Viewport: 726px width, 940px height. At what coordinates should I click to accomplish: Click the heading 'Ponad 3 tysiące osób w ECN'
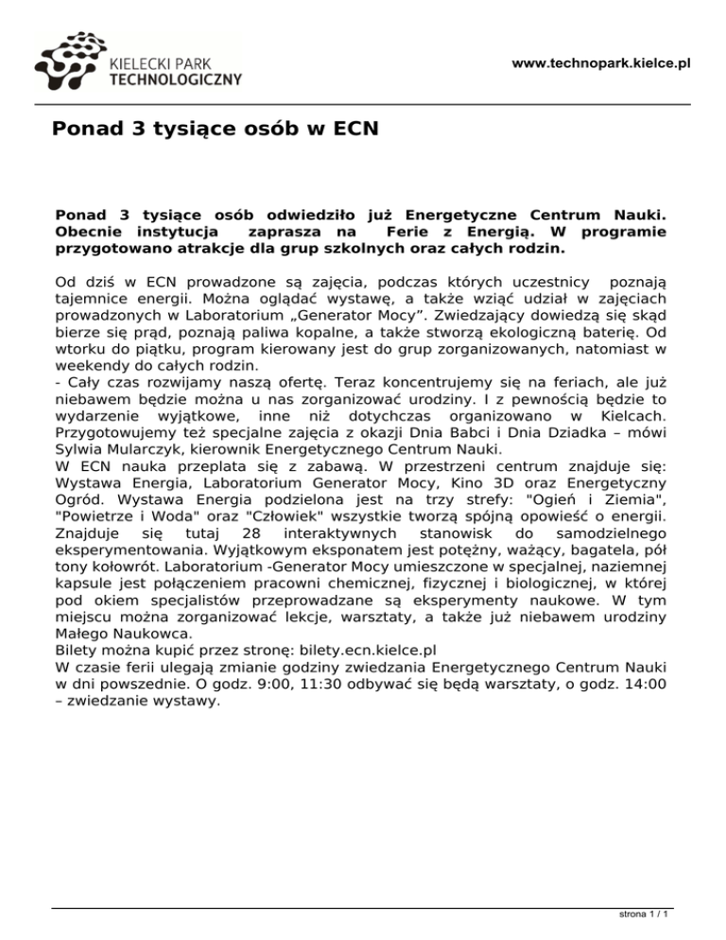point(216,128)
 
